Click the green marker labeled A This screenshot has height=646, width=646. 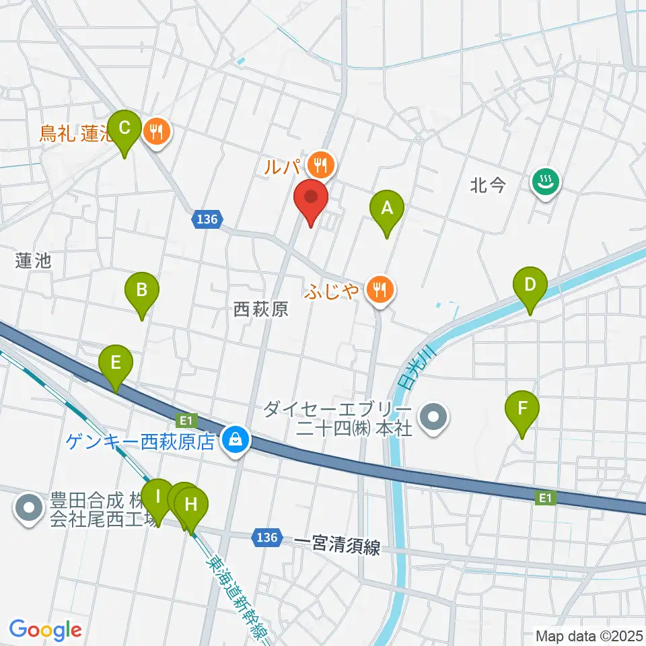(386, 209)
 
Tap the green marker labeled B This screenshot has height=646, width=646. (142, 291)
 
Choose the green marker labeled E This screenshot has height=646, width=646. (116, 364)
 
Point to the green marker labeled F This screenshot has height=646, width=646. (522, 409)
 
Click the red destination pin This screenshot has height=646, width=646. (311, 198)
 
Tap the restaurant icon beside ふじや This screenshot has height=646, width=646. (380, 290)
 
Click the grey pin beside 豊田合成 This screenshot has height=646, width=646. (29, 509)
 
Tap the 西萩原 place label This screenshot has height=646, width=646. (260, 309)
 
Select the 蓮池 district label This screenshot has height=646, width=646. (34, 260)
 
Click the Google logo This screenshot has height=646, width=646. (46, 630)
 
